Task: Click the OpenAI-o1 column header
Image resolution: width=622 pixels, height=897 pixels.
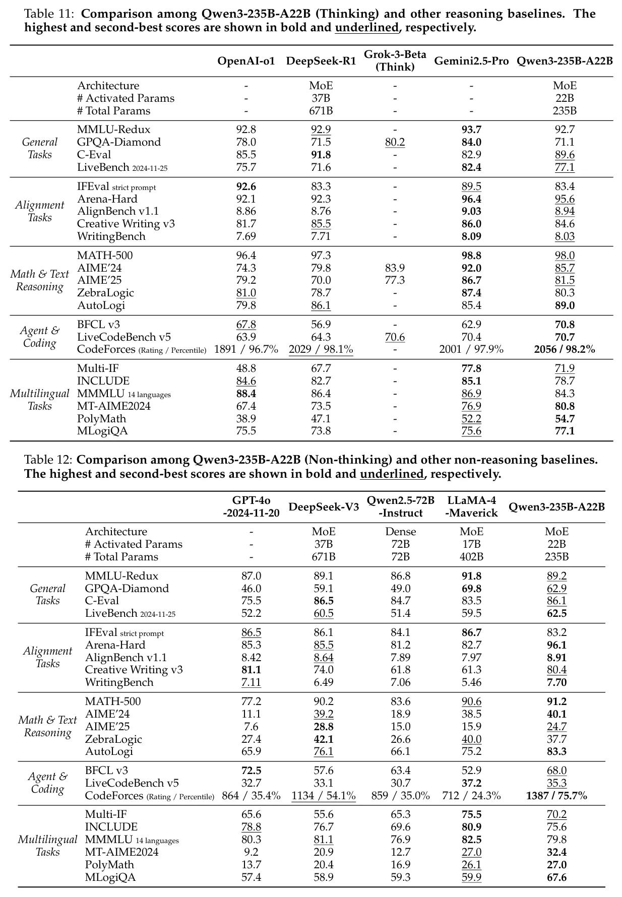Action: [x=246, y=61]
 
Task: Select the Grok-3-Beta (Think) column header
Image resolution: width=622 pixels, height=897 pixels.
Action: [x=395, y=60]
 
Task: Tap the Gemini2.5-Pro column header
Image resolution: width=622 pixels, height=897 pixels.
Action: [x=471, y=61]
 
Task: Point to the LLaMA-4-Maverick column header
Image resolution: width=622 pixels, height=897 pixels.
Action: [x=472, y=506]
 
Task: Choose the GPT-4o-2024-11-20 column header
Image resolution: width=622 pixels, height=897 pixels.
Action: [x=251, y=506]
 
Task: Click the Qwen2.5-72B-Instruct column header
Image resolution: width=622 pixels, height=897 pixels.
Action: [x=400, y=506]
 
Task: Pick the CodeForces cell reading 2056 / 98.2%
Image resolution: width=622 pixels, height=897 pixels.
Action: [x=564, y=349]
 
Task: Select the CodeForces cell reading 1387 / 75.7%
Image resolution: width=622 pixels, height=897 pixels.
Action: [x=556, y=796]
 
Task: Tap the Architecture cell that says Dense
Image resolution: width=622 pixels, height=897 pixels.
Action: [x=400, y=532]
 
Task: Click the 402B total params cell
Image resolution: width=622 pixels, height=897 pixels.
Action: [x=472, y=557]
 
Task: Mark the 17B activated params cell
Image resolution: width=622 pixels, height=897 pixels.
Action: [x=472, y=544]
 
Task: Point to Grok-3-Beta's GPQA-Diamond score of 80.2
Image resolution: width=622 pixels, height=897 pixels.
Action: [x=395, y=142]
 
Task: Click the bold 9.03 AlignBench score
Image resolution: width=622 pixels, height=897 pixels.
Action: [x=471, y=211]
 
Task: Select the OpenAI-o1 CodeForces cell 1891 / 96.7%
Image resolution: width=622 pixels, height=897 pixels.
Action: [x=246, y=349]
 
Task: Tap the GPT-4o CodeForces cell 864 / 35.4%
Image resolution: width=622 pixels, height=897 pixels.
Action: [x=251, y=796]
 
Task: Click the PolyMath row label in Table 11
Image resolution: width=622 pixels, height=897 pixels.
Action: [x=101, y=419]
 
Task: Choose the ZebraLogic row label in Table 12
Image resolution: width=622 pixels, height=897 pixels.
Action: [x=113, y=739]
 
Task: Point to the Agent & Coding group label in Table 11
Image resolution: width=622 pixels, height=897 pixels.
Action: [x=39, y=337]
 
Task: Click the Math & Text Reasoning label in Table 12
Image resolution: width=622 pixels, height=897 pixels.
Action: [x=47, y=726]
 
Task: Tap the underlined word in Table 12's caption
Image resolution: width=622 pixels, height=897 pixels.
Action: [x=391, y=474]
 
